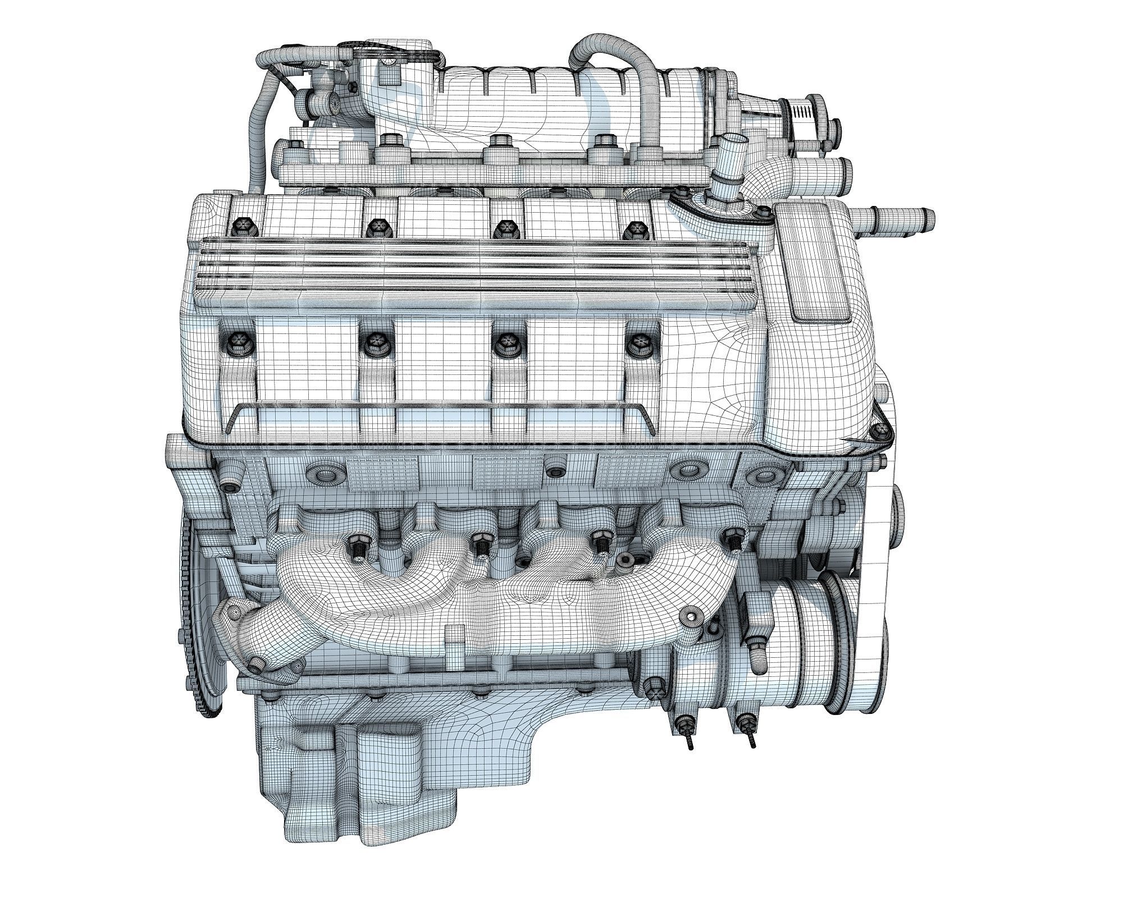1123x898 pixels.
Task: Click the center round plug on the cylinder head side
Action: [x=556, y=470]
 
